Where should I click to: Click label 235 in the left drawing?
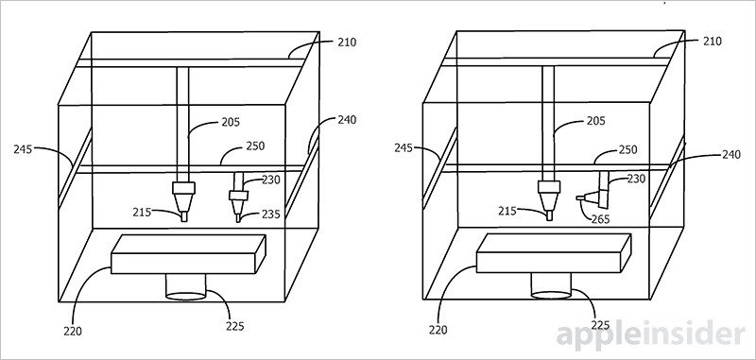pos(271,214)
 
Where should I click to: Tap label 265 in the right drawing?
pos(601,219)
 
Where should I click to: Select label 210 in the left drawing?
pos(347,43)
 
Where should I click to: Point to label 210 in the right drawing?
pos(713,42)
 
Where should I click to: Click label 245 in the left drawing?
pos(23,149)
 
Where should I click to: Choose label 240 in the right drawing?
pos(730,155)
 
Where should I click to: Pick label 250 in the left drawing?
pos(255,146)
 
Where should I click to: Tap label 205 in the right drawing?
pos(596,121)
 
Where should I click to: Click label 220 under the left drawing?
pos(73,332)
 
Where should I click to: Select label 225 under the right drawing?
pos(600,325)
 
